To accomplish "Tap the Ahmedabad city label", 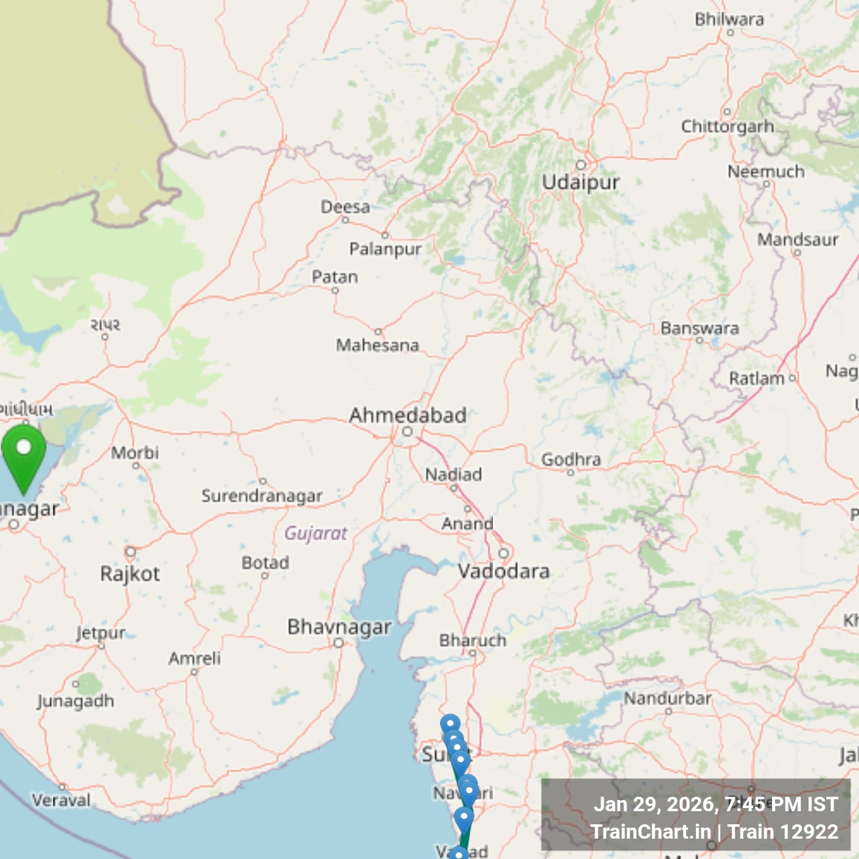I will [x=407, y=415].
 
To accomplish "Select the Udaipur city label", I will [x=580, y=182].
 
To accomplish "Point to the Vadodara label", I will [x=503, y=571].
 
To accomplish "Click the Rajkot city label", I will [x=130, y=574].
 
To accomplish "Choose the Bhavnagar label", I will [x=339, y=627].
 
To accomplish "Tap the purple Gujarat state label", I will [x=316, y=533].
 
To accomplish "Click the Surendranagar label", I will [x=262, y=496].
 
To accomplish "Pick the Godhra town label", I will [x=570, y=460].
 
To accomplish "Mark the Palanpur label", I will [x=385, y=249].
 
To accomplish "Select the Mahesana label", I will [x=377, y=345].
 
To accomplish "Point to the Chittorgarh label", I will [x=727, y=126].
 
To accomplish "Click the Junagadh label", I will [x=75, y=701].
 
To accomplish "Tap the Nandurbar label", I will [x=667, y=699].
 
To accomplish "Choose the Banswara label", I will [x=699, y=328].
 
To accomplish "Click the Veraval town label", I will [x=62, y=800].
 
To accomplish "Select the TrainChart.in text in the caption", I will [x=651, y=832].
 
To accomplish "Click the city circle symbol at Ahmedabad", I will [x=407, y=431].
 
